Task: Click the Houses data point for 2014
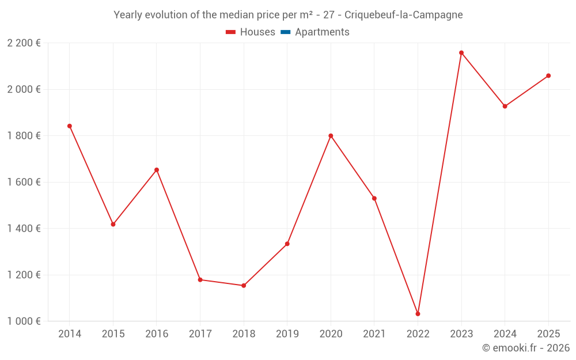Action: coord(70,126)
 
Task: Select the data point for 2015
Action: coord(113,224)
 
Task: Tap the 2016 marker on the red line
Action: coord(157,170)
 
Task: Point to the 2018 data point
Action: coord(244,286)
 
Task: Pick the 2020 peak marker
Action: coord(331,136)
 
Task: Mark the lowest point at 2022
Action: coord(418,314)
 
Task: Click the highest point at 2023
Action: coord(461,53)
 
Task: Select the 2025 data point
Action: coord(548,75)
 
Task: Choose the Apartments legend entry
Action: coord(322,32)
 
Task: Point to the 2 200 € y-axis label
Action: coord(24,43)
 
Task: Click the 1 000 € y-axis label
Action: coord(24,321)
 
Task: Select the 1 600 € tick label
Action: coord(24,182)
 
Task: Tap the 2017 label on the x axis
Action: coord(200,334)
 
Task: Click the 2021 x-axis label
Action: coord(374,334)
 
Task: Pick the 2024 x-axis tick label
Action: coord(505,334)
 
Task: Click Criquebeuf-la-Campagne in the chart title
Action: coord(403,15)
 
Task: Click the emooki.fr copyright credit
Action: coord(526,348)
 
